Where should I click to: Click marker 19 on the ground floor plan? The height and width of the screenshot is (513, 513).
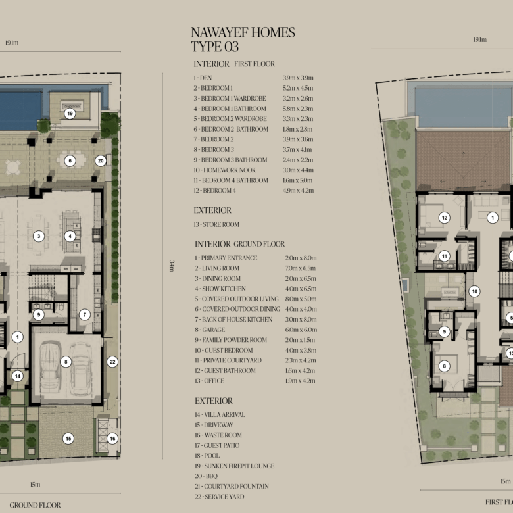[70, 114]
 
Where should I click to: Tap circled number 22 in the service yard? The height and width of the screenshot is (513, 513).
[112, 362]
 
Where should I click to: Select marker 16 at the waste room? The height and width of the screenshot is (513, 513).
[112, 439]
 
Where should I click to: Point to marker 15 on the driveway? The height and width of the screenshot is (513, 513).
[68, 439]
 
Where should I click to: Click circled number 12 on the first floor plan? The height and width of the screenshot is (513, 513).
[445, 218]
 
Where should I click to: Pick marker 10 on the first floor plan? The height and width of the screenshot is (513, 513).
[474, 291]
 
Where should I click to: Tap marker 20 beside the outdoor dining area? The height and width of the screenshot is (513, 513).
[101, 160]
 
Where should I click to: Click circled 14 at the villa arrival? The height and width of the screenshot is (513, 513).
[18, 376]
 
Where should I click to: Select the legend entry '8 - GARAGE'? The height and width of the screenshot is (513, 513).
[210, 330]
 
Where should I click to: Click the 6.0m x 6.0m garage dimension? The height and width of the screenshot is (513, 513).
[301, 330]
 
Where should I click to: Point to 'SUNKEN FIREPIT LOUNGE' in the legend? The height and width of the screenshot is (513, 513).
[239, 466]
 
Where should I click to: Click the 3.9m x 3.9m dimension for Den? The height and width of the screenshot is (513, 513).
[298, 78]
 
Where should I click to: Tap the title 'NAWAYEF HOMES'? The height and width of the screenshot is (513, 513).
[243, 32]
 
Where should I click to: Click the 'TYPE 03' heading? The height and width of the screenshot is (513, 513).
[214, 47]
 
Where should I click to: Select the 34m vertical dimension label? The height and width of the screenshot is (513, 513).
[172, 266]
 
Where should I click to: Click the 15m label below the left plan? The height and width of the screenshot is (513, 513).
[35, 485]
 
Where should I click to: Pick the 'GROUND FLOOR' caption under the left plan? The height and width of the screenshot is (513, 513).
[35, 505]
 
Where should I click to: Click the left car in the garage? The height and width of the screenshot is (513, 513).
[50, 366]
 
